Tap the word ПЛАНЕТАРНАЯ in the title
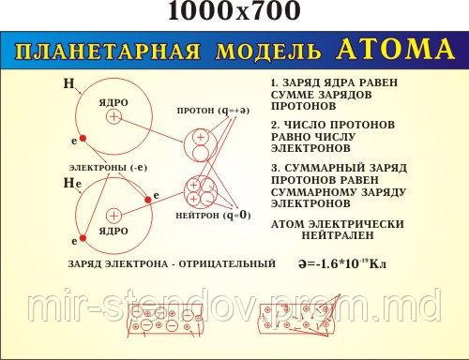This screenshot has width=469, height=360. click(x=112, y=51)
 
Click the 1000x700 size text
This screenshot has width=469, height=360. click(x=234, y=12)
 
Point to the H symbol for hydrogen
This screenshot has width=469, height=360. click(x=68, y=84)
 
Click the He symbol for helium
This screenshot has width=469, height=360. click(x=72, y=185)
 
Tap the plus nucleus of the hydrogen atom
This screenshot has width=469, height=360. click(x=113, y=117)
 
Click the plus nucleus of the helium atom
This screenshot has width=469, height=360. click(x=112, y=214)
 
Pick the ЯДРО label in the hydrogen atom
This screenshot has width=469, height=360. click(x=113, y=101)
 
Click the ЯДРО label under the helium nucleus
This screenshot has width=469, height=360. click(x=113, y=231)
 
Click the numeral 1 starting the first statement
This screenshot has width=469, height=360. click(x=273, y=83)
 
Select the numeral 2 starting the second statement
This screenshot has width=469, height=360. click(x=274, y=125)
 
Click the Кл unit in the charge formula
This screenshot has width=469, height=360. click(x=376, y=265)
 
